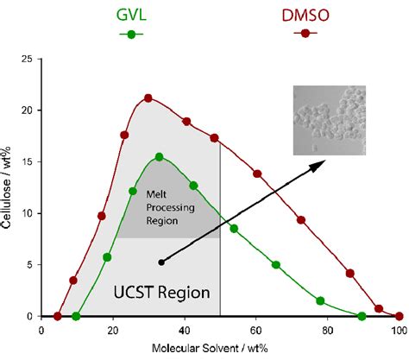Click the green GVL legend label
click(x=130, y=15)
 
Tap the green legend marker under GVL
click(x=130, y=34)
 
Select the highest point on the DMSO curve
click(x=148, y=98)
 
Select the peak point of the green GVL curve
click(x=159, y=157)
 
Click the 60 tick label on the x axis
click(x=255, y=329)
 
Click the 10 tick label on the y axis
click(x=32, y=213)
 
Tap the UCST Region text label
click(x=160, y=293)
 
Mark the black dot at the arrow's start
click(x=161, y=262)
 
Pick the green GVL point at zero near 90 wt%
click(x=362, y=316)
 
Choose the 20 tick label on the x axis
click(x=113, y=329)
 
